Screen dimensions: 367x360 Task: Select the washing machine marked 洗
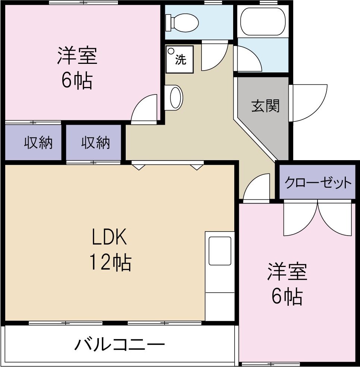coord(179,59)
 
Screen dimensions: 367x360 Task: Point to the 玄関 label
coord(265,106)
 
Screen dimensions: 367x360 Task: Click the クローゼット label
coord(318,183)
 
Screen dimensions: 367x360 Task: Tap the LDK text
coord(110,237)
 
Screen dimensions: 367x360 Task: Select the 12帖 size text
coord(110,262)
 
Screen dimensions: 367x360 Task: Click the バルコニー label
coord(119,344)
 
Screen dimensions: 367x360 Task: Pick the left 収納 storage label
coord(38,143)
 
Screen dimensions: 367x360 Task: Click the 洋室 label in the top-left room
coord(78,56)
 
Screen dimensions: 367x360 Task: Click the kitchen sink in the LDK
coord(220,251)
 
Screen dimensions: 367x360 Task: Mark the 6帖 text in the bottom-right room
coord(287,296)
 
